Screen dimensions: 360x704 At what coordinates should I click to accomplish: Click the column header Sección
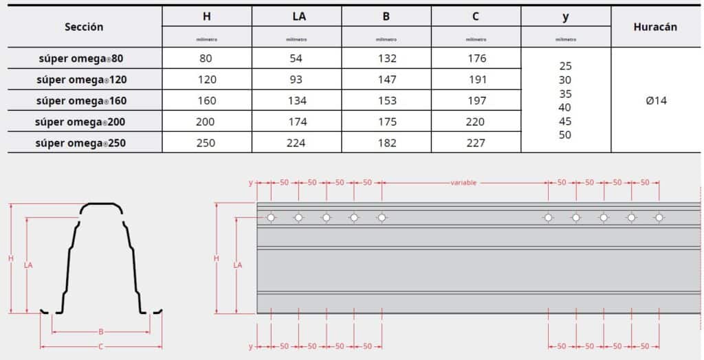[84, 27]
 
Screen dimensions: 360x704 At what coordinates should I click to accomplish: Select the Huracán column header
[655, 27]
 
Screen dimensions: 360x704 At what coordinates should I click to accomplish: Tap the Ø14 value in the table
[657, 100]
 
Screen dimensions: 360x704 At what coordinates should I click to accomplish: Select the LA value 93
[296, 80]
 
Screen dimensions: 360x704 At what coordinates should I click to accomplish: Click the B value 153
[387, 100]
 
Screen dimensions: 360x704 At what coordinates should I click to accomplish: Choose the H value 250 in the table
[206, 143]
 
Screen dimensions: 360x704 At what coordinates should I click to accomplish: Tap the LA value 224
[296, 143]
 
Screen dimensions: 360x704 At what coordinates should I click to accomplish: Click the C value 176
[476, 58]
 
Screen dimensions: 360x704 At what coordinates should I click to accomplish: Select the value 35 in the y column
[565, 93]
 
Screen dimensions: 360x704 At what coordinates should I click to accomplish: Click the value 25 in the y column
[565, 66]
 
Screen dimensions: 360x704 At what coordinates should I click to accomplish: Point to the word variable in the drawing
[463, 183]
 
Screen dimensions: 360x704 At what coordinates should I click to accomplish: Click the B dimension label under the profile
[100, 331]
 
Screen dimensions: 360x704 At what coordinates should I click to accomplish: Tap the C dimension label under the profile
[100, 347]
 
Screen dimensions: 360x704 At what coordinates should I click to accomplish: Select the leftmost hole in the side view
[271, 218]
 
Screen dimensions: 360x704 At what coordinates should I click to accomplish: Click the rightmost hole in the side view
[659, 218]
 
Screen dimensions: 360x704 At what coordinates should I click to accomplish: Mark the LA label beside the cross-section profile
[28, 265]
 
